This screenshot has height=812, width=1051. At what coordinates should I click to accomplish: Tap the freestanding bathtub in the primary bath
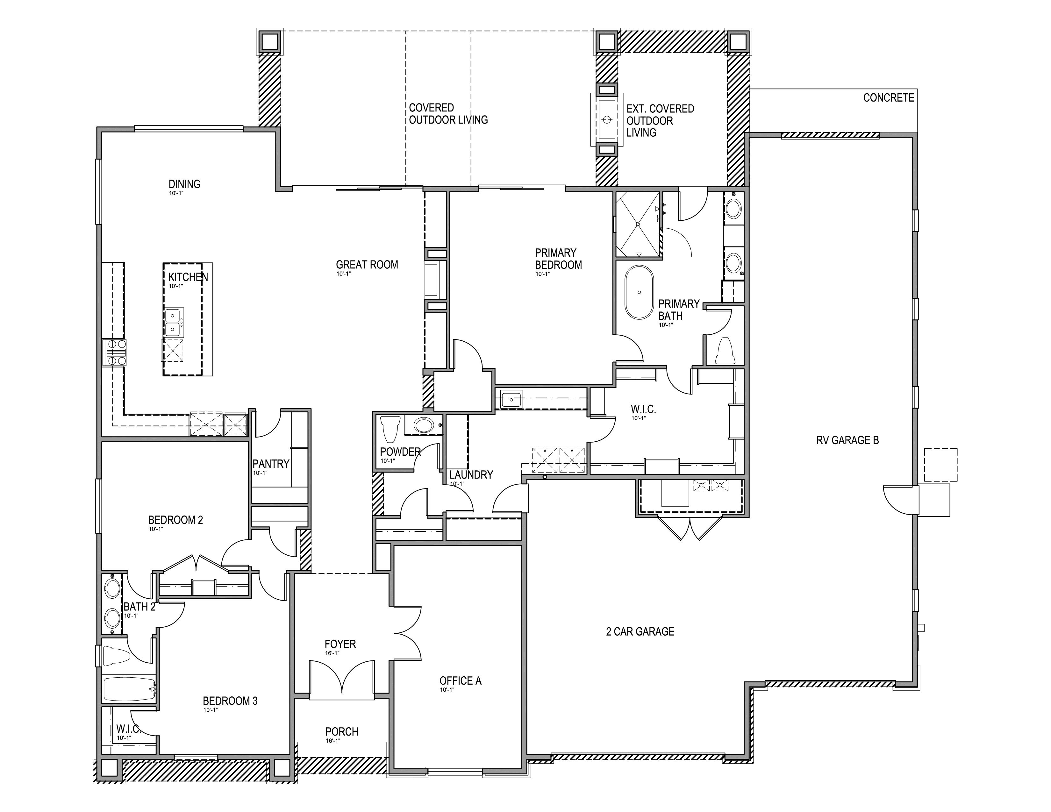pos(639,292)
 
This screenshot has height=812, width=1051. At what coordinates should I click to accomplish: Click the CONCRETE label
pos(888,98)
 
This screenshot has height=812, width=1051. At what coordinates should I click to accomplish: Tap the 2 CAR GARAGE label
pos(640,632)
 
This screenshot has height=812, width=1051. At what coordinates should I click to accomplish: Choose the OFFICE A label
pos(460,681)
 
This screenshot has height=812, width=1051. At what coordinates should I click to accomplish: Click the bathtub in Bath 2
pos(129,689)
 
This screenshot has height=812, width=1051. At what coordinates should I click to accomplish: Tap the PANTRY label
pos(271,464)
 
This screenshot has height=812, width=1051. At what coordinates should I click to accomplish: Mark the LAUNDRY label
pos(471,475)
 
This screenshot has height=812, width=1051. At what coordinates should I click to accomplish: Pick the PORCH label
pos(342,732)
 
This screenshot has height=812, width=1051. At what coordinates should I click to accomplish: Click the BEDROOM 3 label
pos(230,701)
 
